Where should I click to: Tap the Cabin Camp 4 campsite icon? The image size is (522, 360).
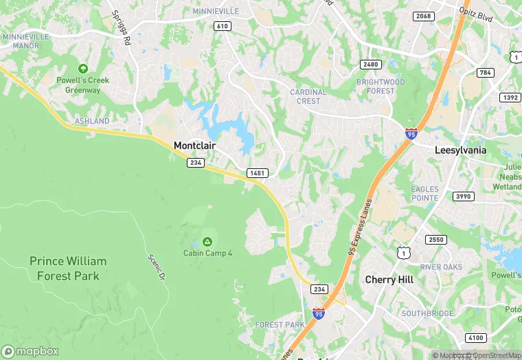[x=207, y=242]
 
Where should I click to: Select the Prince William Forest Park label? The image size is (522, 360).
[x=68, y=269]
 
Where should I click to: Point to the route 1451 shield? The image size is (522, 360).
[x=258, y=173]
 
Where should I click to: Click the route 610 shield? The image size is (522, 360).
[x=222, y=26]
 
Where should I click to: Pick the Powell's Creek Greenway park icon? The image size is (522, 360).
[x=83, y=69]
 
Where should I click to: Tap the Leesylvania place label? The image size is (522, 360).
[x=460, y=150]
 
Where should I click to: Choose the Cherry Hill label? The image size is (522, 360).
[x=389, y=280]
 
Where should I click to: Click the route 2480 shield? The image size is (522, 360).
[x=370, y=64]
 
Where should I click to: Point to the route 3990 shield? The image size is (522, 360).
[x=464, y=196]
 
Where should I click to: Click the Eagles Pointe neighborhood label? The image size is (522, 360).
[x=424, y=193]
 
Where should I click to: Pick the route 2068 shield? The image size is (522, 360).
[x=423, y=16]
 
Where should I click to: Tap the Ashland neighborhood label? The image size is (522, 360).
[x=91, y=121]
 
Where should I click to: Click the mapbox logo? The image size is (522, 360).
[x=30, y=351]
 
